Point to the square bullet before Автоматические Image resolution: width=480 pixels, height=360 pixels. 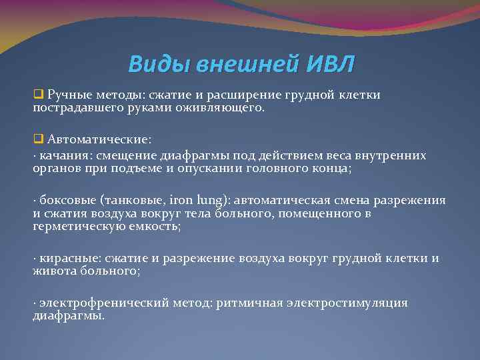click(37, 140)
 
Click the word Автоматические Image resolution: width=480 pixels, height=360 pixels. click(99, 140)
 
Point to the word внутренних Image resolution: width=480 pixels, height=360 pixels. click(394, 155)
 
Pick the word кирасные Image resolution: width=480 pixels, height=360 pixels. click(66, 259)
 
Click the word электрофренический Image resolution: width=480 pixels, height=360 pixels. click(97, 303)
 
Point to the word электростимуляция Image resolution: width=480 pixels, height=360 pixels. click(352, 303)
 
